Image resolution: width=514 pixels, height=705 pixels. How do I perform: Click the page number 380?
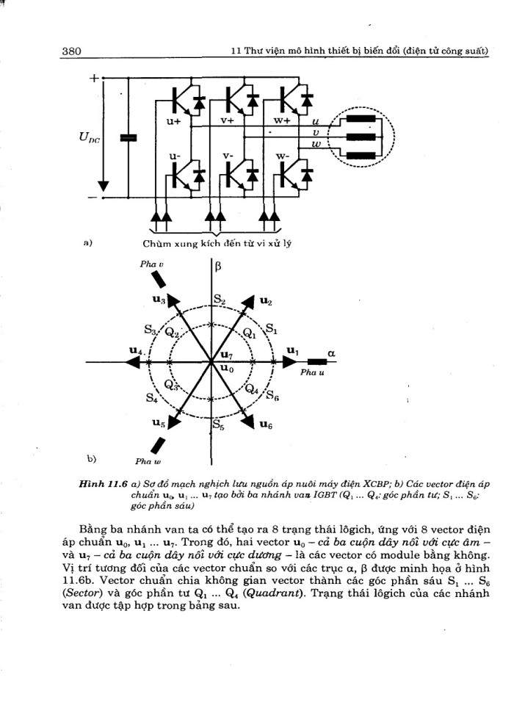click(71, 51)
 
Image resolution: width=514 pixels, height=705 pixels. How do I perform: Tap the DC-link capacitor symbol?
click(128, 137)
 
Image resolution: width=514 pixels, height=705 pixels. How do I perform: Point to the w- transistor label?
click(283, 156)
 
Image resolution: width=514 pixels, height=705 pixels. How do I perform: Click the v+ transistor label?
click(228, 120)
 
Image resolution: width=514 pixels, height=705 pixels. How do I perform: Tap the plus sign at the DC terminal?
click(93, 79)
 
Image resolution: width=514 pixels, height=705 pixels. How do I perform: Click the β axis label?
click(218, 267)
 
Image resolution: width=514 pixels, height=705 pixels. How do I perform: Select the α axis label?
click(331, 353)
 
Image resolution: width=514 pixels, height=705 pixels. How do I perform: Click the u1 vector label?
click(292, 350)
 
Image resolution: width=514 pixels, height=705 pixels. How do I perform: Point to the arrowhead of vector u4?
click(131, 361)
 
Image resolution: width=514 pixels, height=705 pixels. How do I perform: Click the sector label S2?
click(220, 300)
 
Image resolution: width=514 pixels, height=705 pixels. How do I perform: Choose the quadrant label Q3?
click(171, 386)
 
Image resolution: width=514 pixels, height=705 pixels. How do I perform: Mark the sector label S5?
click(219, 424)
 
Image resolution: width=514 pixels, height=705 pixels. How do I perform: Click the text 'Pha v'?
click(151, 264)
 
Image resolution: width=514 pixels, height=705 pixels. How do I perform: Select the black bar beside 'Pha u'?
click(317, 361)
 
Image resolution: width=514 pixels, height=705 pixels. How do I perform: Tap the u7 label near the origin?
click(227, 355)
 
